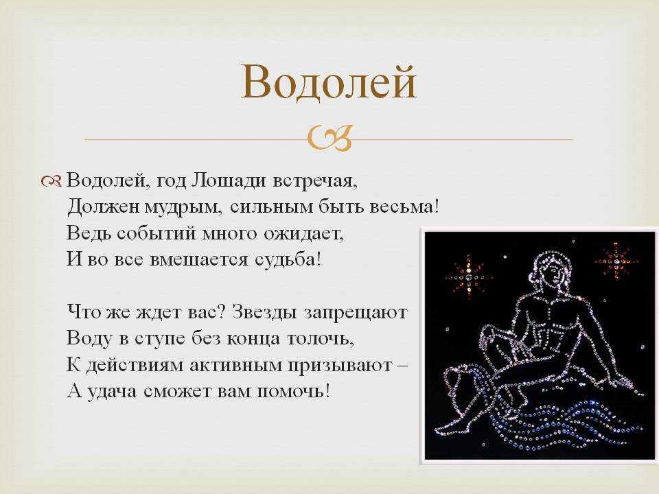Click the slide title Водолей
tap(329, 82)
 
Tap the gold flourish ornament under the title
tap(329, 139)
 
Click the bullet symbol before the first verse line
tap(51, 181)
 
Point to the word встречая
tap(315, 181)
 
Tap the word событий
tap(156, 233)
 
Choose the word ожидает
tap(303, 233)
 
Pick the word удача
tap(112, 392)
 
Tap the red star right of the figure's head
tap(616, 261)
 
